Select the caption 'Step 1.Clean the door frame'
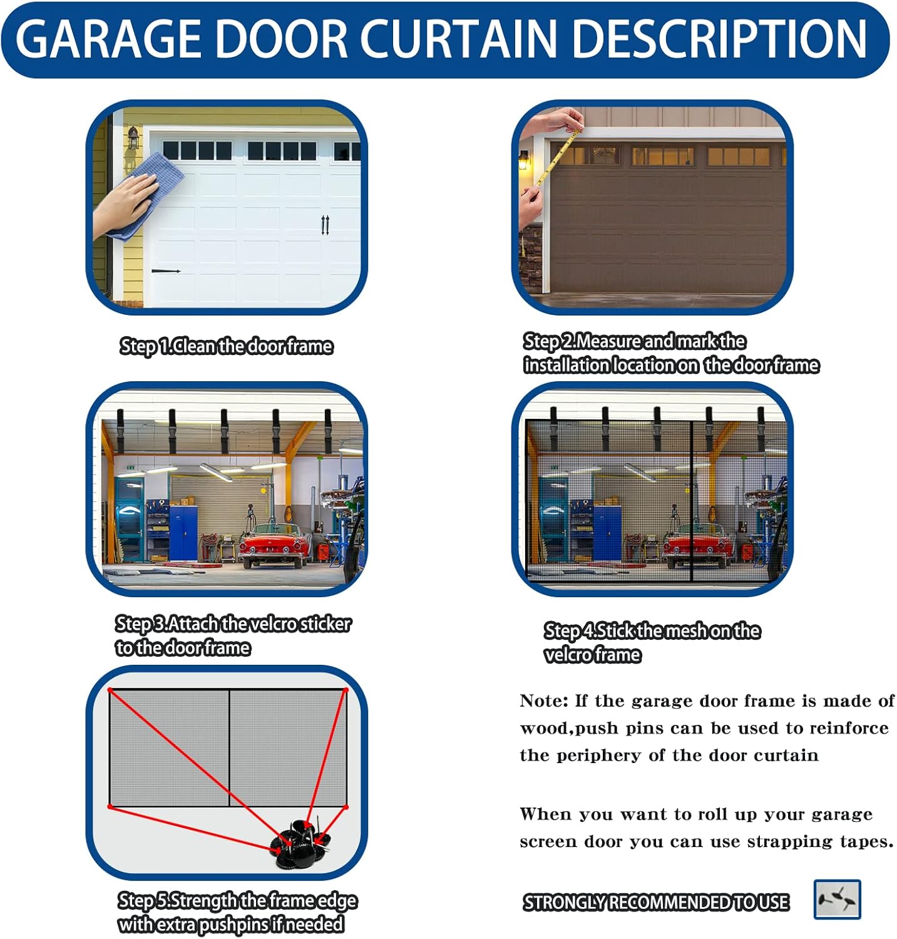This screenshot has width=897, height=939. [x=226, y=346]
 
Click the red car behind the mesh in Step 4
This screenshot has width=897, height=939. [x=696, y=545]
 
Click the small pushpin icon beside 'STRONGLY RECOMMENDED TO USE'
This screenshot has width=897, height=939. [x=837, y=900]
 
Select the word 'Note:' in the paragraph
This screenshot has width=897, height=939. [x=543, y=701]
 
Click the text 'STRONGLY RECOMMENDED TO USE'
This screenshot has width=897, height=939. [x=656, y=902]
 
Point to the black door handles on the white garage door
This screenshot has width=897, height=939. [x=325, y=225]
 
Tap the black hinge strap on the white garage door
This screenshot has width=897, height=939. [x=166, y=271]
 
